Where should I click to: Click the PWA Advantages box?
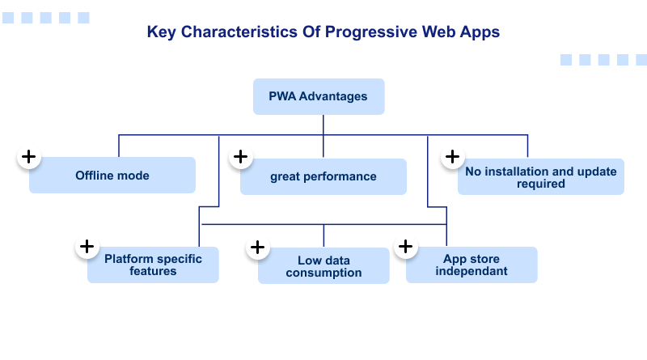click(x=319, y=96)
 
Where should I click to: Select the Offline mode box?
click(x=112, y=176)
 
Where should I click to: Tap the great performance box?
click(x=323, y=176)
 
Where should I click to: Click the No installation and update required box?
click(x=540, y=177)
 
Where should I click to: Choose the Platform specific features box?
click(x=153, y=265)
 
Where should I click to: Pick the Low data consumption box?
click(x=323, y=266)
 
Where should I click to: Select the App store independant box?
click(x=472, y=265)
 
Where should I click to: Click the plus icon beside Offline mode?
click(x=29, y=157)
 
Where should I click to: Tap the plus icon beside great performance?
click(x=240, y=157)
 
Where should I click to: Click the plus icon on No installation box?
click(x=453, y=157)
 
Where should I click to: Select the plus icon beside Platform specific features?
click(x=87, y=247)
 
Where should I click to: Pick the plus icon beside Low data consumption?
click(x=257, y=247)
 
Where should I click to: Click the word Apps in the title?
click(x=480, y=32)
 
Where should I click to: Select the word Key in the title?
click(x=160, y=32)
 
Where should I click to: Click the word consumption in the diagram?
click(x=323, y=273)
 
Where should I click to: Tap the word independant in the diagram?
click(x=472, y=271)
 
